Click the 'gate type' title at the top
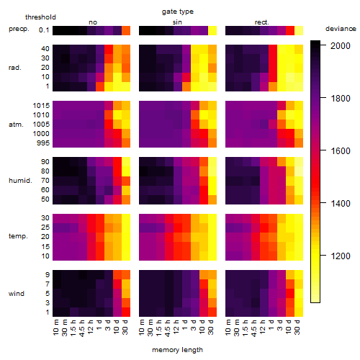pyautogui.click(x=178, y=12)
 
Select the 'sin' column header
pyautogui.click(x=177, y=22)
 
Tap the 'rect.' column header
pyautogui.click(x=261, y=22)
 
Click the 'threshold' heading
pyautogui.click(x=40, y=17)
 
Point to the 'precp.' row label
pyautogui.click(x=19, y=29)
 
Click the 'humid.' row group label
pyautogui.click(x=20, y=180)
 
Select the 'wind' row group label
pyautogui.click(x=17, y=294)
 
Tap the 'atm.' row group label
pyautogui.click(x=16, y=125)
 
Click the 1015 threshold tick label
pyautogui.click(x=41, y=106)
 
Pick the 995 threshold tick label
pyautogui.click(x=43, y=143)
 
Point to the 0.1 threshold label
pyautogui.click(x=44, y=30)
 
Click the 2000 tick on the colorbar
pyautogui.click(x=341, y=45)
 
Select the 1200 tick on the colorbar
pyautogui.click(x=341, y=256)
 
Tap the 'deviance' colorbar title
pyautogui.click(x=341, y=29)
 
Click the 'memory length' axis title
pyautogui.click(x=178, y=350)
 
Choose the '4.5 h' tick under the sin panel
pyautogui.click(x=168, y=328)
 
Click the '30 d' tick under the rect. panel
pyautogui.click(x=297, y=327)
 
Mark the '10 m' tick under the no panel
pyautogui.click(x=55, y=328)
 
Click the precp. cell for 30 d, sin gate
pyautogui.click(x=212, y=30)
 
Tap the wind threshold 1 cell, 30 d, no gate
pyautogui.click(x=126, y=312)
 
